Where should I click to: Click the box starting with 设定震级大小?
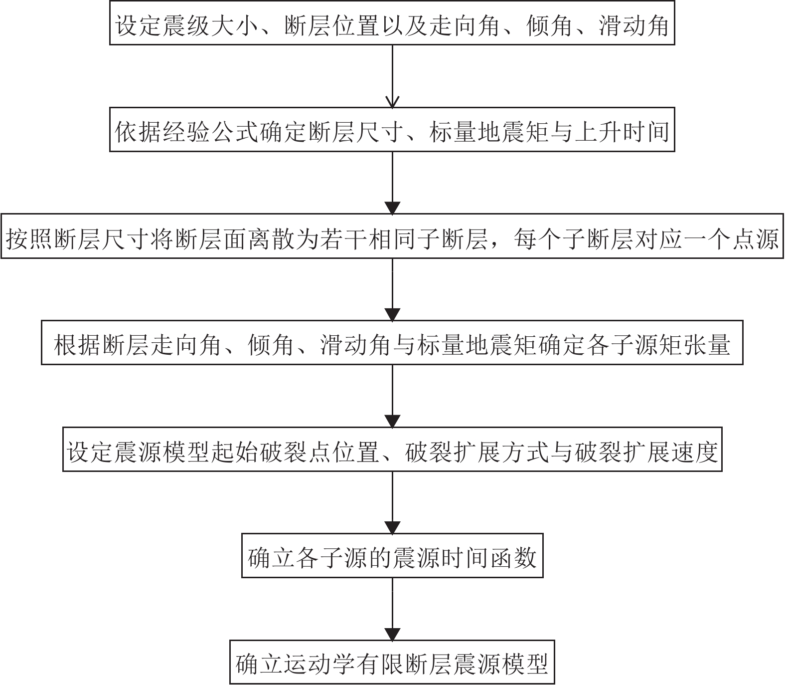click(x=392, y=23)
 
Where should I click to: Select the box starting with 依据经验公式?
click(x=392, y=130)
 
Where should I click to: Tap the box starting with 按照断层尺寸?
click(x=392, y=236)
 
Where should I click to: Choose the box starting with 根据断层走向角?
click(x=392, y=343)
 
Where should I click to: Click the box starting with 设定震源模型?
click(x=392, y=450)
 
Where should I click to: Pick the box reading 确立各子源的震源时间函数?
click(x=392, y=556)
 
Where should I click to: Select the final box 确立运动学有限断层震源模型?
click(x=392, y=662)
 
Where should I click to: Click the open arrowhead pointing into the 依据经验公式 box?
click(x=393, y=102)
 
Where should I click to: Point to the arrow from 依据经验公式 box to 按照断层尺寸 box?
click(x=393, y=183)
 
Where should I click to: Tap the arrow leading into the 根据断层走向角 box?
click(x=393, y=289)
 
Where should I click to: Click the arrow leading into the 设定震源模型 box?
click(x=393, y=396)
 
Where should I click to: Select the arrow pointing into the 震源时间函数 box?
click(x=393, y=502)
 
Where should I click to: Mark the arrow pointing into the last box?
click(x=393, y=609)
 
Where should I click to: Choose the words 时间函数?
click(x=490, y=557)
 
